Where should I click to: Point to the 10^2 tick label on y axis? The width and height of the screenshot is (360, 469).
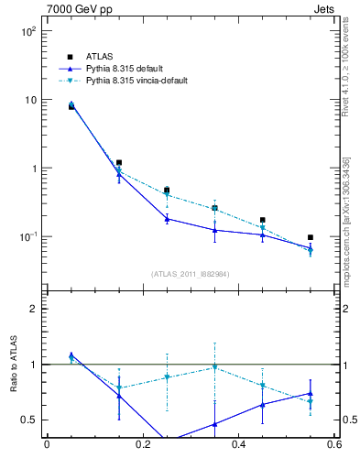pos(28,31)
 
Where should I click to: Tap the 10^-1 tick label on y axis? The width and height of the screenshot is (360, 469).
pos(28,237)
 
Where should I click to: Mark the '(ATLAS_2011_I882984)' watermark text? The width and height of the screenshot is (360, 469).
pos(191,273)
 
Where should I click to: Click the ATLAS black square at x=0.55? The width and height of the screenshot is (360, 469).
pos(311,237)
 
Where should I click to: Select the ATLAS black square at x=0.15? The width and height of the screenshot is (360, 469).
pos(119,162)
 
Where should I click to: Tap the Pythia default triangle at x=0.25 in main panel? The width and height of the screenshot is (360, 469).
pos(167,219)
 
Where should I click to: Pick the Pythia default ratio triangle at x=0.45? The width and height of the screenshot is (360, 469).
pos(263,404)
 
